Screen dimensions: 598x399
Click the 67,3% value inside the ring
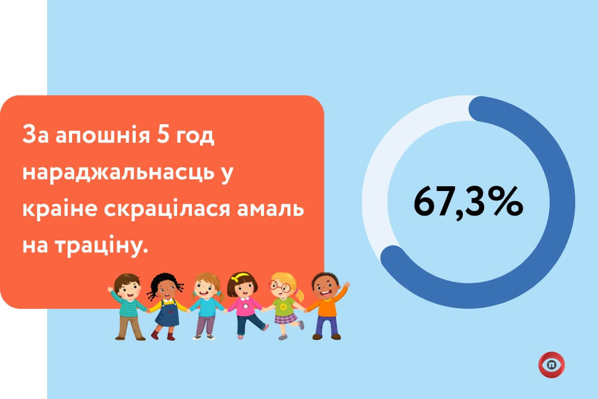click(468, 202)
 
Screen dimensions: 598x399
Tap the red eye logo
click(551, 365)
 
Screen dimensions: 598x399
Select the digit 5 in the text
click(162, 135)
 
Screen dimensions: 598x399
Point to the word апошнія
click(103, 135)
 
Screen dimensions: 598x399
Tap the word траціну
click(101, 246)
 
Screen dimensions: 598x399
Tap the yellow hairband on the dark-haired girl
click(243, 276)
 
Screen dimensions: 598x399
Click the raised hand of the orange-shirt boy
click(346, 285)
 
